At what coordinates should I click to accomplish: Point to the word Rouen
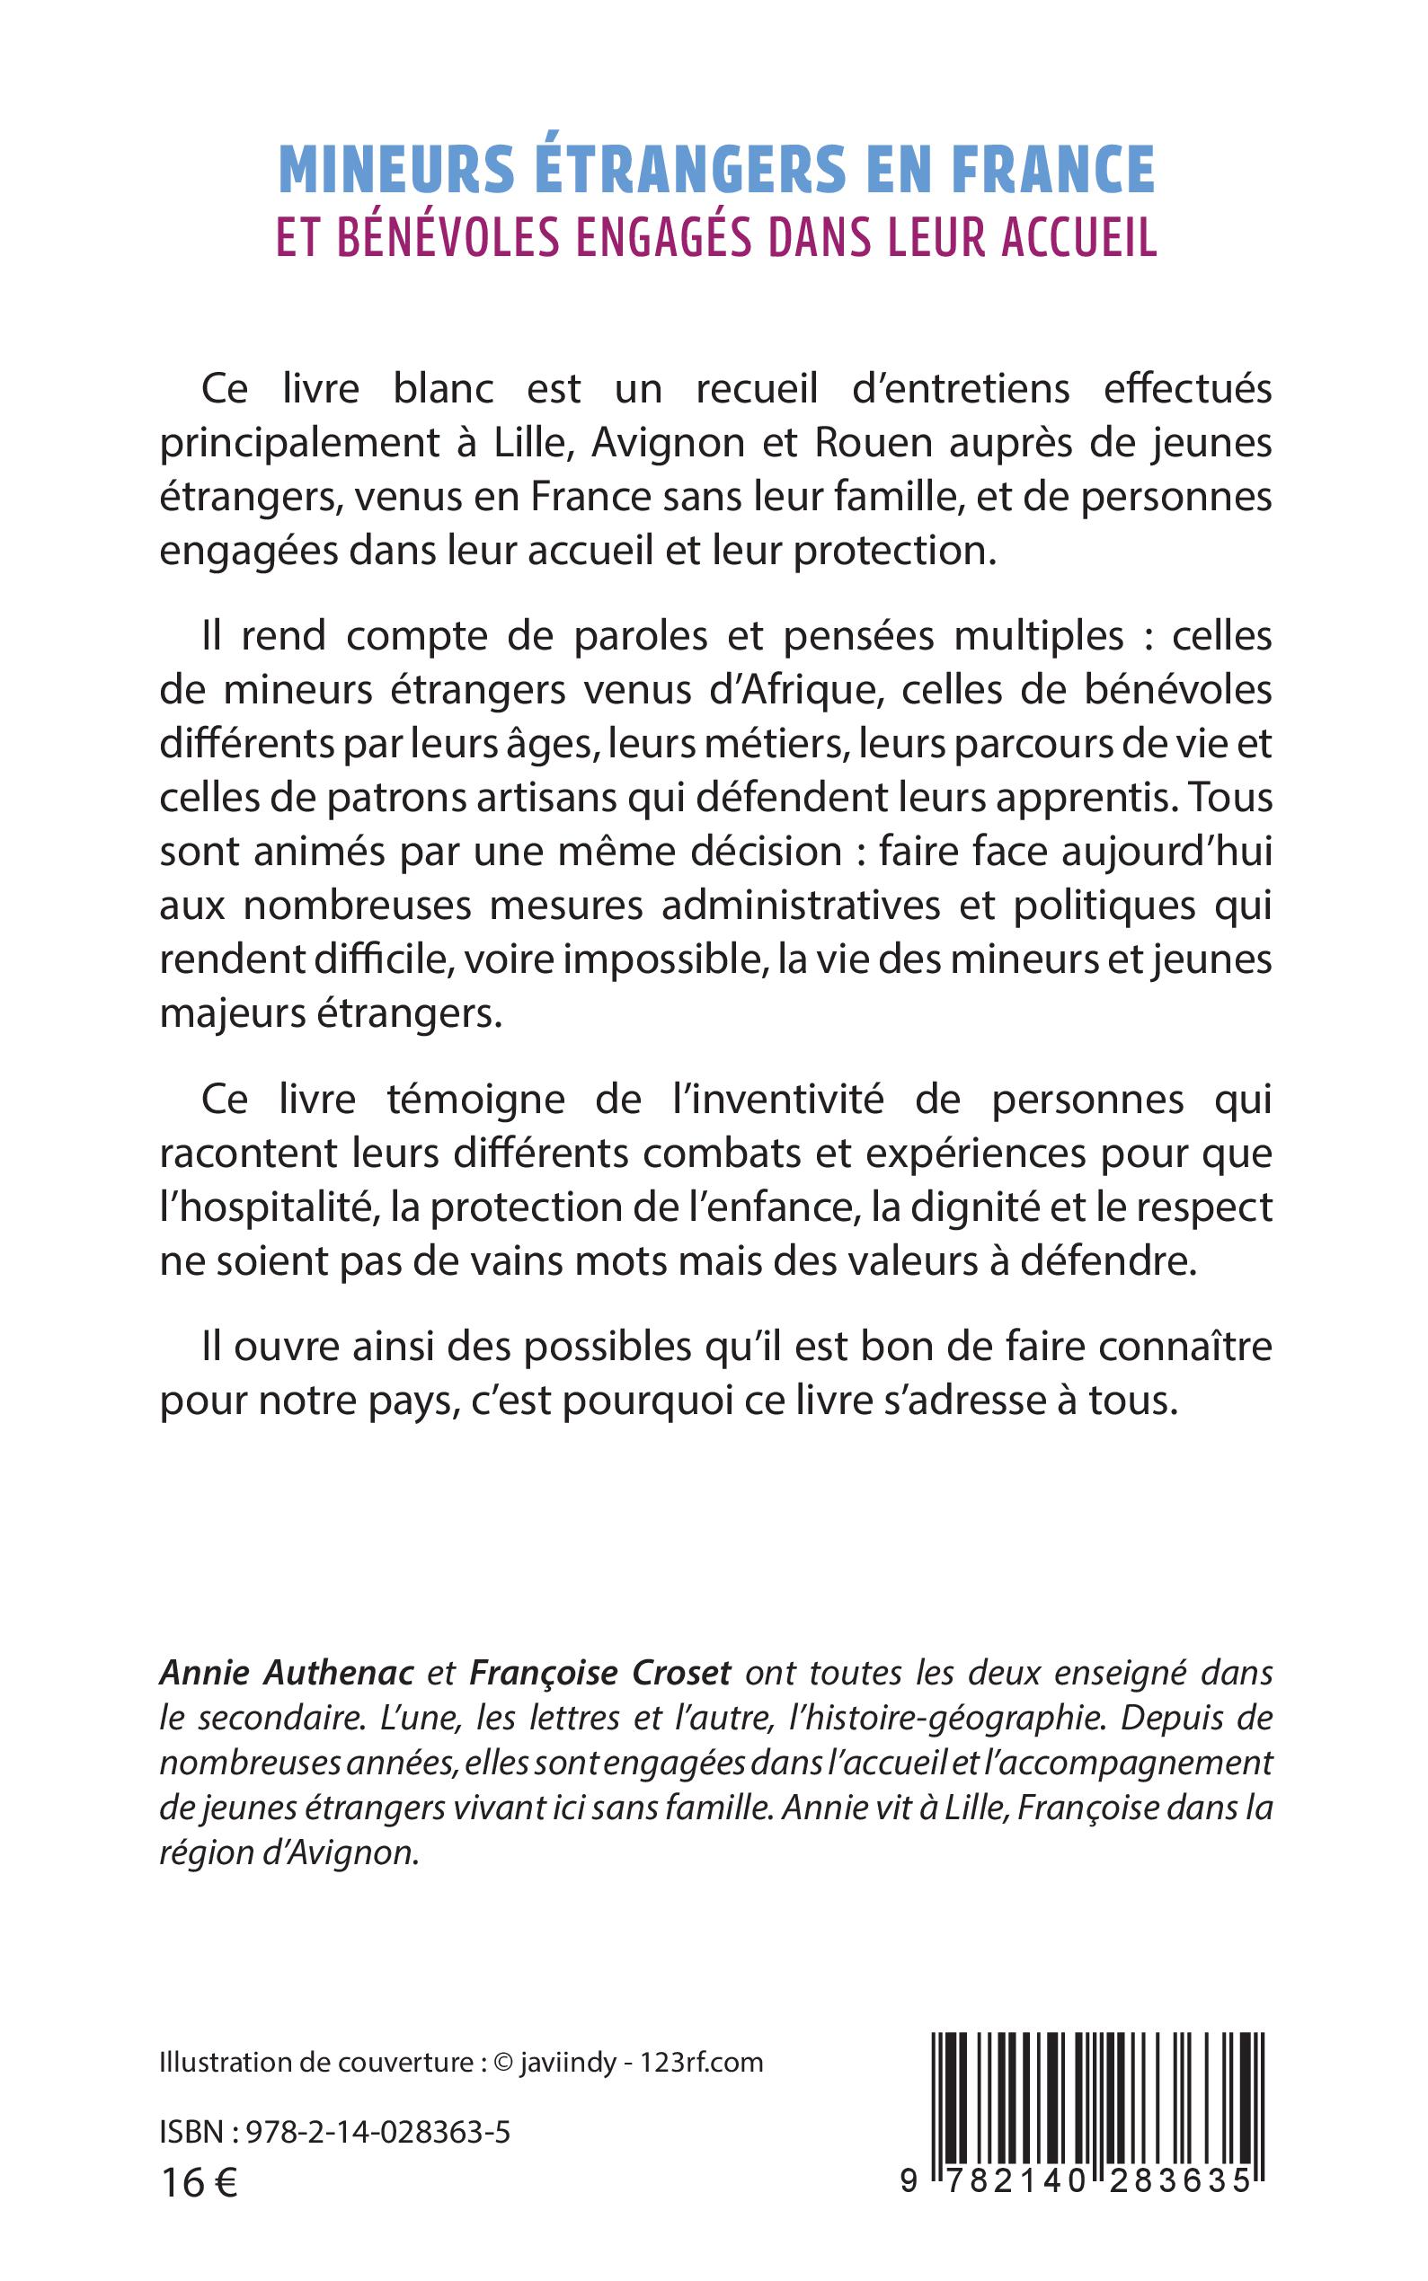pyautogui.click(x=874, y=443)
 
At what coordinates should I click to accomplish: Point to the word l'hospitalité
pyautogui.click(x=266, y=1207)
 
